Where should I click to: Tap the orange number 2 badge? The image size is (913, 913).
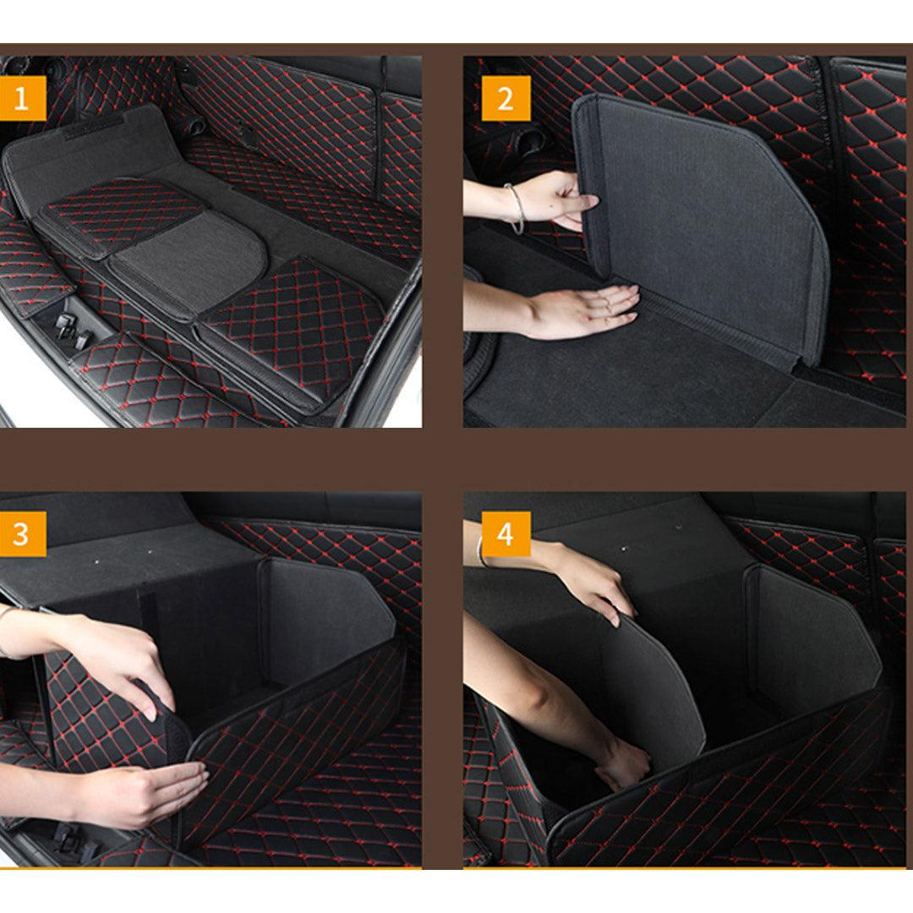(x=506, y=99)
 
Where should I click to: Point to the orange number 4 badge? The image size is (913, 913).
(x=506, y=534)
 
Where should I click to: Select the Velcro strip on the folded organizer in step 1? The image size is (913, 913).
(x=93, y=127)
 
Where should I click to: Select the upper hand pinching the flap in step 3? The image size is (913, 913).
(x=127, y=668)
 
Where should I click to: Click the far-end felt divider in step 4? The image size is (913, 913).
(x=807, y=634)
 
